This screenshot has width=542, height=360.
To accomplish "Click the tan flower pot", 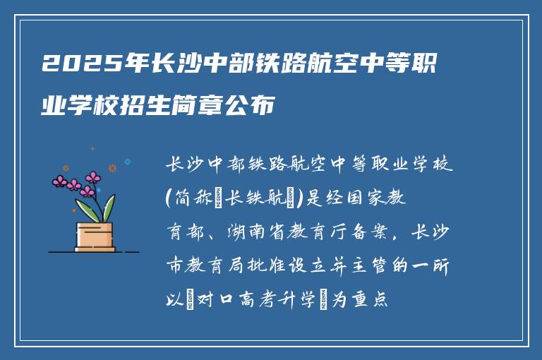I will click(x=95, y=236).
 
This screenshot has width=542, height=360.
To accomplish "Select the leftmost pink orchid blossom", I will click(x=61, y=181).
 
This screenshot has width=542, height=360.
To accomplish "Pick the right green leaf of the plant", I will click(x=109, y=208).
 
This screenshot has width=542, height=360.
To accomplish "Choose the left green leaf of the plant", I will click(x=89, y=210).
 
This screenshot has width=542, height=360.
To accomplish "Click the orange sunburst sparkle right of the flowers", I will click(x=112, y=168).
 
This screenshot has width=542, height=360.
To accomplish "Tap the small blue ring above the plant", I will click(x=127, y=162).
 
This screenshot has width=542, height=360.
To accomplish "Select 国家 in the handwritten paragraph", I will click(x=372, y=200).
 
